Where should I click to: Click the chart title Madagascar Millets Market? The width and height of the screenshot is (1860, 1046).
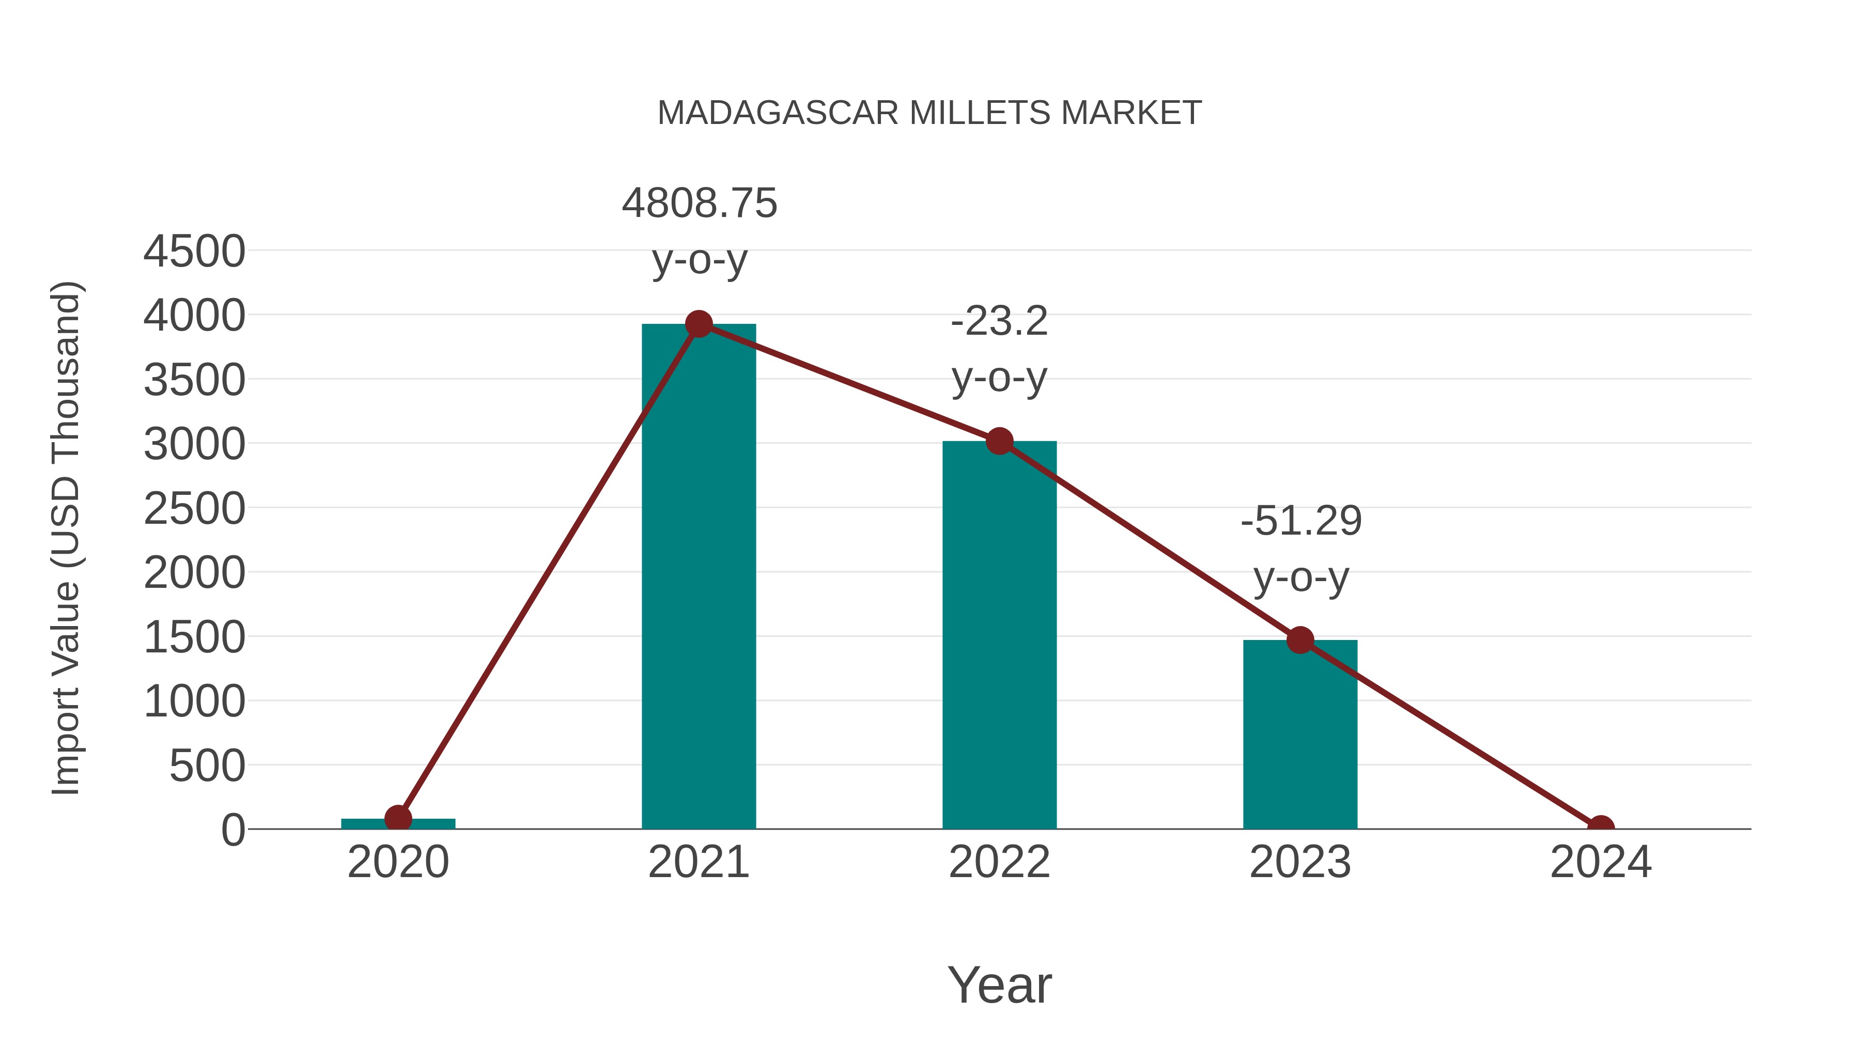(929, 113)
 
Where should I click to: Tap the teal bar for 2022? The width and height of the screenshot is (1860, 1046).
(999, 635)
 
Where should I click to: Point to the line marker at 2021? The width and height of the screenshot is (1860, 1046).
(698, 324)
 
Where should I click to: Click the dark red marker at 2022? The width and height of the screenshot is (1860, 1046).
(999, 441)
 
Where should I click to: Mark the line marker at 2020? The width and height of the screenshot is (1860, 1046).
(398, 819)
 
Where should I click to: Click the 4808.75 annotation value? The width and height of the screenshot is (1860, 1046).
(699, 204)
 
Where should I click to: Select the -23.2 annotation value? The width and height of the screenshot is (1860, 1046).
(999, 321)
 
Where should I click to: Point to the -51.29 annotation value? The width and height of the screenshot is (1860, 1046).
(1300, 521)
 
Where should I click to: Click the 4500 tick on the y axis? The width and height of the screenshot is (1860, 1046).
(194, 252)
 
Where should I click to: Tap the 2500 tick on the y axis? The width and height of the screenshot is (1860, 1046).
(194, 509)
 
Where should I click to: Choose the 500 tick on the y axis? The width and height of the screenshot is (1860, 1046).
(207, 766)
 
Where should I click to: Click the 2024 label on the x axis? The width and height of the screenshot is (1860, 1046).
(1600, 862)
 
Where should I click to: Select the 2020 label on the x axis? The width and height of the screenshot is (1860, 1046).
(398, 862)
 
